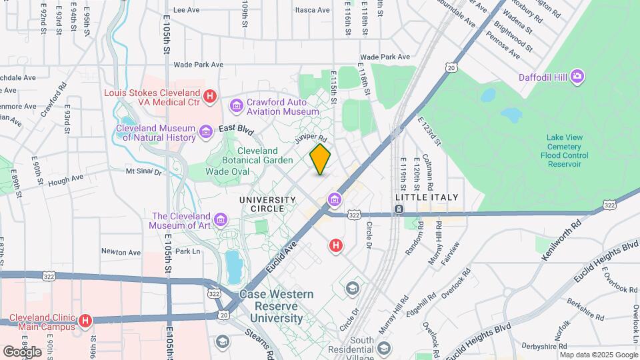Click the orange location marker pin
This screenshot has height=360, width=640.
point(320,160)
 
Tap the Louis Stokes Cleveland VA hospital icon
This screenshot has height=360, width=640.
point(210,97)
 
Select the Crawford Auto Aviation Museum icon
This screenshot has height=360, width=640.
point(236,106)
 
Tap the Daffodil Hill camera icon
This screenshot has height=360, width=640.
point(577,77)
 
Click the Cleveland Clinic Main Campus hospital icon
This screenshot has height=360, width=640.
point(85,321)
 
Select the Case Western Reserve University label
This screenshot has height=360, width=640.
point(276,307)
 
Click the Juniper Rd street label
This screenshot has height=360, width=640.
point(311,139)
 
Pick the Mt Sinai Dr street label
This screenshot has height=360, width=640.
point(144,171)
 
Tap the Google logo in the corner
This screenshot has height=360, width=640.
point(22,351)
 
